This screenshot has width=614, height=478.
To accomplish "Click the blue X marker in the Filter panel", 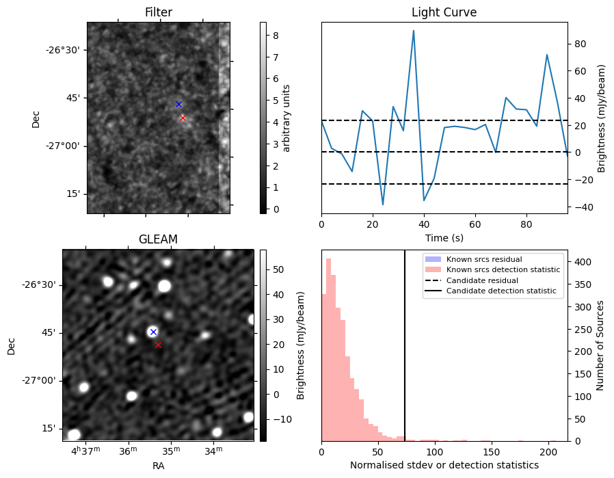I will click(x=178, y=104).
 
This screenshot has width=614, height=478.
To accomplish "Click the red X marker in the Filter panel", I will click(x=183, y=118).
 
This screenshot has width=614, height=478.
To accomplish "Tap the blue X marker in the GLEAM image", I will click(x=153, y=332).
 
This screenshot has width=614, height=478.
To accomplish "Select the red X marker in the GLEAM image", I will click(x=158, y=345).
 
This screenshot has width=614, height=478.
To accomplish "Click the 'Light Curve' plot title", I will click(x=444, y=12).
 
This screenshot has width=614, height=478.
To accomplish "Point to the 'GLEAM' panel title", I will click(x=158, y=239).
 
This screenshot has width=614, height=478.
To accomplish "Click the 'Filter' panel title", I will click(x=158, y=12).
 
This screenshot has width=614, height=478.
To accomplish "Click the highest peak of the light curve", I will click(x=414, y=30).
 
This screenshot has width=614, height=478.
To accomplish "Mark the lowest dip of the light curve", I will click(x=383, y=204).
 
